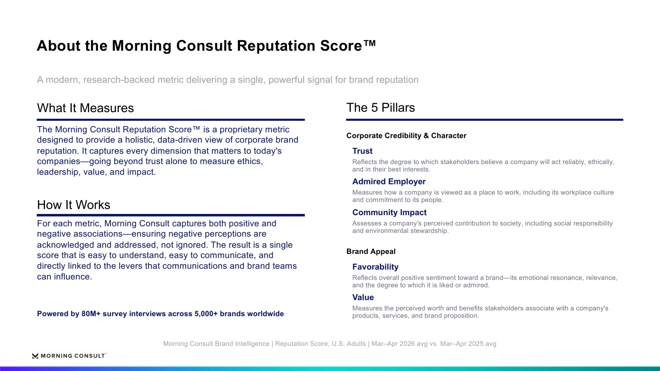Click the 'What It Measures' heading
85,108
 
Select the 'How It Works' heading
73,205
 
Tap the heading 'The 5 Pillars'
380,108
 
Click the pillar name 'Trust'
362,151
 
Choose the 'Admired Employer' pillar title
389,182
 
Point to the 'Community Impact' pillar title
389,212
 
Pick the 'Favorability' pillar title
375,267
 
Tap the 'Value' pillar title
363,297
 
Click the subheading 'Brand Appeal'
371,251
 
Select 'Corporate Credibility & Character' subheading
406,136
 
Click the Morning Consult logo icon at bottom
35,356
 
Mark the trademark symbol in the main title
370,43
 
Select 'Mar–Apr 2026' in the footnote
390,344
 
